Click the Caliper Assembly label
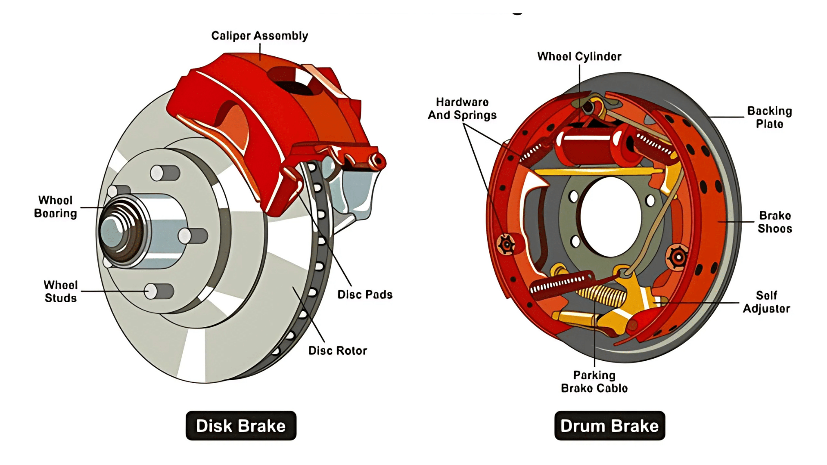click(259, 36)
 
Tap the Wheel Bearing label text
click(56, 207)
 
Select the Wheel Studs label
click(60, 291)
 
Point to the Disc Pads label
click(365, 294)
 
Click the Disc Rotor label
click(338, 350)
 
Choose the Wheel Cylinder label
click(579, 56)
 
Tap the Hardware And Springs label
click(462, 108)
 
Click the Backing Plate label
click(769, 117)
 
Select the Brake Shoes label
click(774, 222)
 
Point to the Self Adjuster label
click(766, 302)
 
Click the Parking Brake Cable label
click(594, 382)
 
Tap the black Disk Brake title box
click(241, 426)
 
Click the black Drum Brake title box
click(609, 426)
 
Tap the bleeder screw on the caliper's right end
click(378, 161)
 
